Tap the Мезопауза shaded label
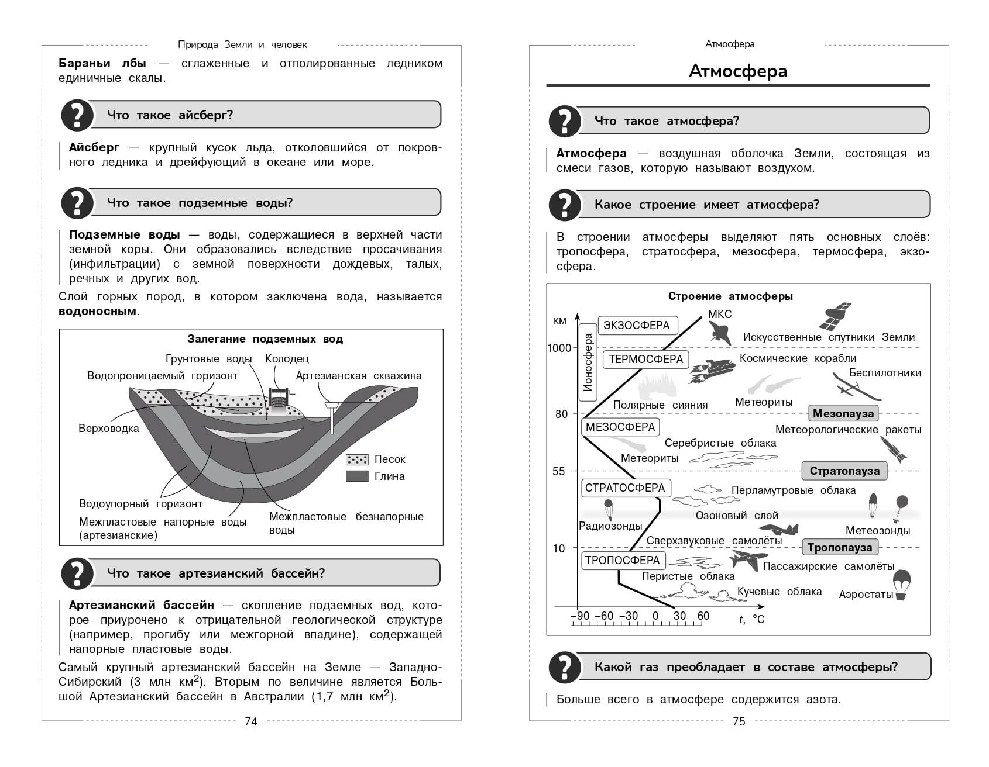843,413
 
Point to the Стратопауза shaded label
844,471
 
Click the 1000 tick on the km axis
559,348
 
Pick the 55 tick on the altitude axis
559,471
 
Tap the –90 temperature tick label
580,616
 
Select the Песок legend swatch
357,459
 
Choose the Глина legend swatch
357,476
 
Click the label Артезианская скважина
358,376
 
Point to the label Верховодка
109,429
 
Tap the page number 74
250,721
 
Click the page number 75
739,721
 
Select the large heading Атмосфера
738,71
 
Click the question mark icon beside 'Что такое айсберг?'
77,115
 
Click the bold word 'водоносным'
97,311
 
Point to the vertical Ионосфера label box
588,362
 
